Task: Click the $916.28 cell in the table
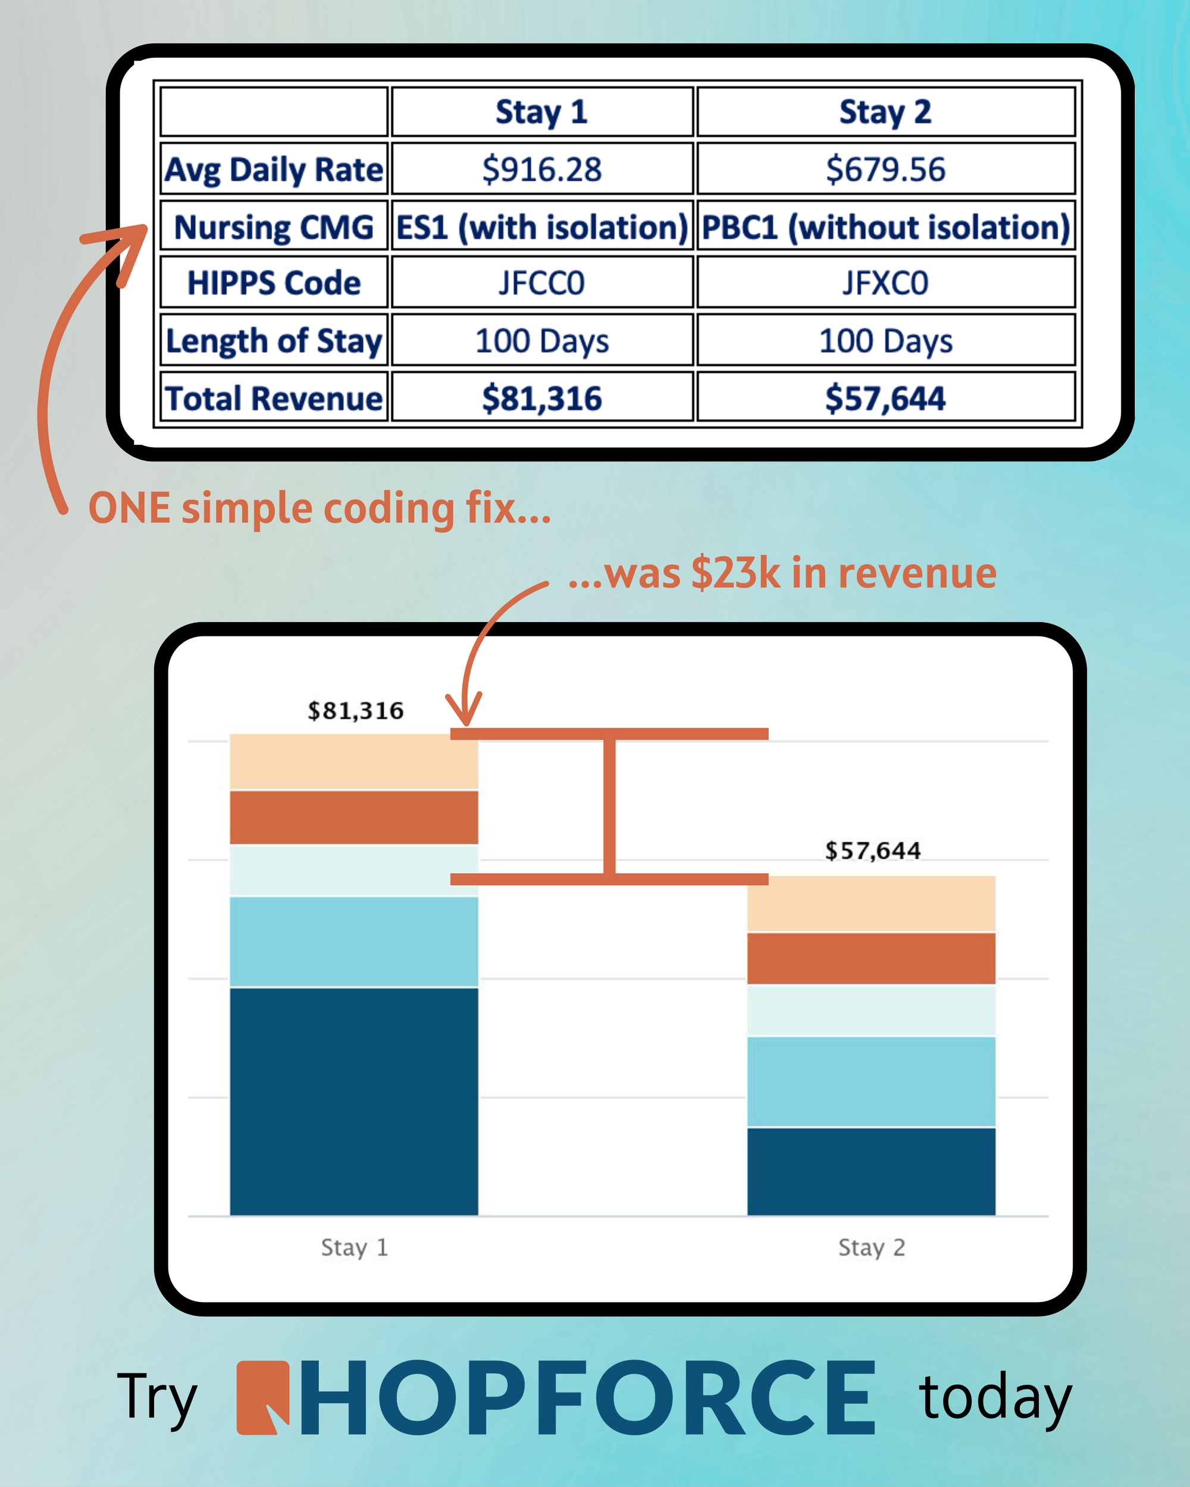coord(541,169)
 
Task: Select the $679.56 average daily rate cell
coord(885,169)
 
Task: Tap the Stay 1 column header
coord(541,112)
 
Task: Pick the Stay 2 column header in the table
coord(885,112)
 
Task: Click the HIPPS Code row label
coord(274,283)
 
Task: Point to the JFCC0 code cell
coord(541,283)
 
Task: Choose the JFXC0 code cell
coord(885,283)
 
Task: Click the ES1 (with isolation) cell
coord(541,227)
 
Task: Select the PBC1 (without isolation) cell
coord(885,227)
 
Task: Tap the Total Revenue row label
coord(274,398)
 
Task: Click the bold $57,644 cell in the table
coord(885,398)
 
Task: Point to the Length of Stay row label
coord(274,341)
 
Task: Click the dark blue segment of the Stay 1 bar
coord(353,1100)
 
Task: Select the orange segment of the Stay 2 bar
coord(870,958)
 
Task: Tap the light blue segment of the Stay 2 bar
coord(870,1081)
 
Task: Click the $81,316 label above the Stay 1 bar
coord(355,710)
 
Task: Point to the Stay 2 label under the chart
coord(871,1247)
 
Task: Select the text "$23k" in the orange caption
coord(735,573)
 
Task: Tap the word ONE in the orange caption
coord(129,509)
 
